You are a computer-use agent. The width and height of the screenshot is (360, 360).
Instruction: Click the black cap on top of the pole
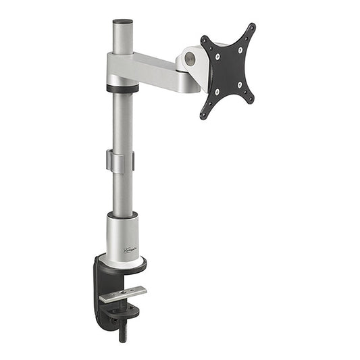[x=122, y=22]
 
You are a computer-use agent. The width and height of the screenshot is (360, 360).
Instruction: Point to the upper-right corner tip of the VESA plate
[x=253, y=26]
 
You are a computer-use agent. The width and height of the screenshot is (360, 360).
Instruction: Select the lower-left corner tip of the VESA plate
[x=203, y=116]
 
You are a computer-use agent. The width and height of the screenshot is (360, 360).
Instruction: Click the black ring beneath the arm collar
[x=122, y=88]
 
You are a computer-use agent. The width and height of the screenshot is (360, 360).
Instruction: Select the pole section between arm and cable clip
[x=122, y=122]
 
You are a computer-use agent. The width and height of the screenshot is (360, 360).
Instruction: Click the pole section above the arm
[x=122, y=39]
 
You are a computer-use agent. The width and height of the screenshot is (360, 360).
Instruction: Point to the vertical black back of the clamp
[x=99, y=290]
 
